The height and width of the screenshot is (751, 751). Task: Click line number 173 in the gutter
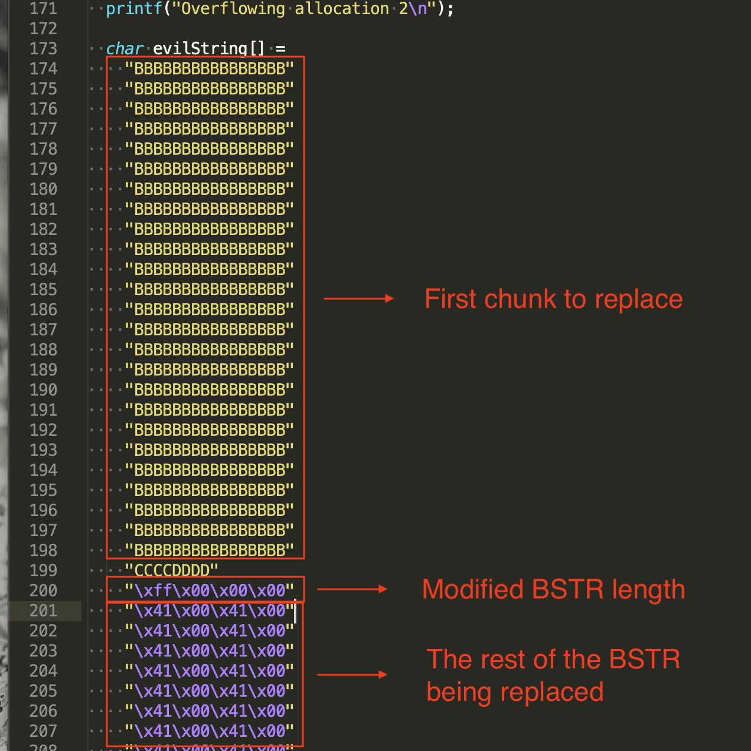point(43,48)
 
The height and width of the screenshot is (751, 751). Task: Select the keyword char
point(125,48)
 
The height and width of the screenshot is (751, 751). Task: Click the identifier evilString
point(200,48)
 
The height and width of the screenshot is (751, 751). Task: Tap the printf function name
point(133,9)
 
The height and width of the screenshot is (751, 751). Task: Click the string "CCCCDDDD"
point(172,570)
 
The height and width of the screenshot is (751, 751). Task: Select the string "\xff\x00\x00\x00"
point(209,590)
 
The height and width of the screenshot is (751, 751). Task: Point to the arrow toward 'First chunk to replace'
point(358,299)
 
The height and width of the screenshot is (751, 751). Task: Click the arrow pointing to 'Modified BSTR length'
point(352,589)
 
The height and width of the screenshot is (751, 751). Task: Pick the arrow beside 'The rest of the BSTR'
point(352,674)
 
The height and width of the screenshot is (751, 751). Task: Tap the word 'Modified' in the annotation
point(473,589)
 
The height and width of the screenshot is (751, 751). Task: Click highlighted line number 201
point(43,610)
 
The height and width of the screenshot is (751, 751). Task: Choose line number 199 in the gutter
point(43,570)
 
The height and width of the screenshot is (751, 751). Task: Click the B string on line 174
point(209,68)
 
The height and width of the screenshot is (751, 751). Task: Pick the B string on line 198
point(209,550)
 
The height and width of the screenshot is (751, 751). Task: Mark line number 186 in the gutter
point(43,309)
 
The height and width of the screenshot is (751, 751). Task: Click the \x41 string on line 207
point(209,731)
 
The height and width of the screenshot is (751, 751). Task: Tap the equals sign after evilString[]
point(280,48)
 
